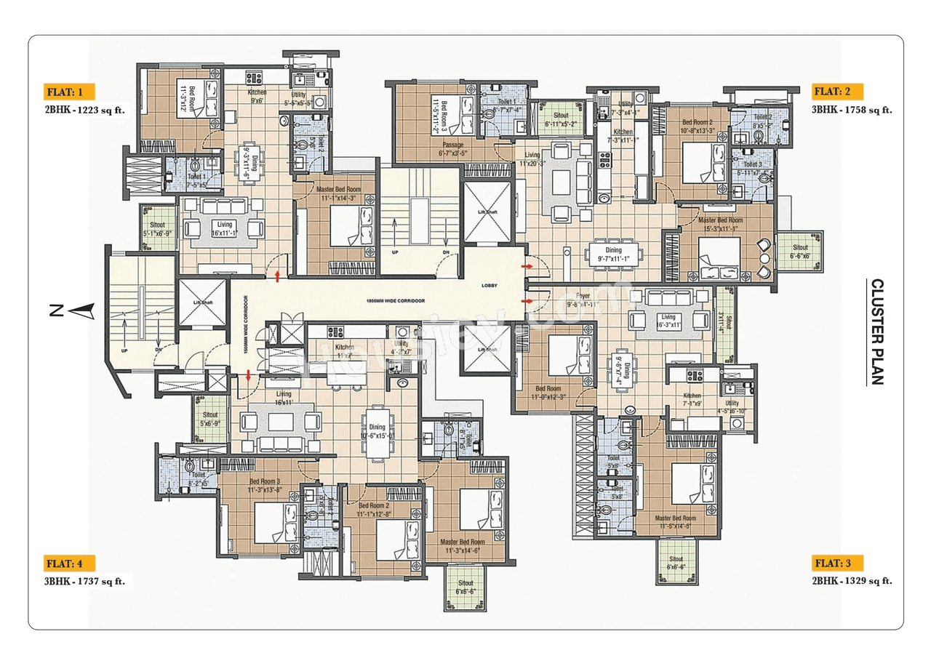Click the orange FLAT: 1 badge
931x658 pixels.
[70, 92]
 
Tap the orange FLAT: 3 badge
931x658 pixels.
[838, 563]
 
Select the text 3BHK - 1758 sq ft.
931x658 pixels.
[852, 111]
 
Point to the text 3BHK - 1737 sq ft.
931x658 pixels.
[84, 580]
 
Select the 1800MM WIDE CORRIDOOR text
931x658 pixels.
[396, 300]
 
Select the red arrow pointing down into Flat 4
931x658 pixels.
[249, 375]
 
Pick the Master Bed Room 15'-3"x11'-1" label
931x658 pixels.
[720, 224]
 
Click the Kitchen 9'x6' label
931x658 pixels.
[257, 97]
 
